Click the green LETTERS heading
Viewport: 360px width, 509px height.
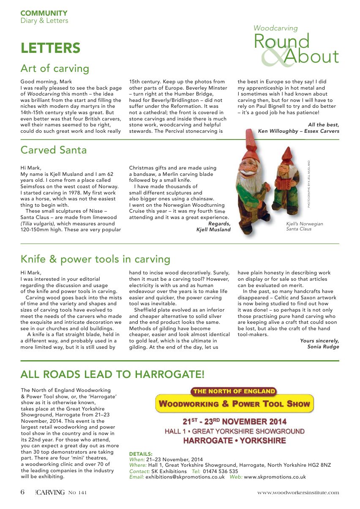(50, 48)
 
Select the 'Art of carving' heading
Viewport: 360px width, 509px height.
(55, 68)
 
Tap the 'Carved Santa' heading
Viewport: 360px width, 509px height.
(54, 150)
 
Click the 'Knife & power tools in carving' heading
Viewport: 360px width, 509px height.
(95, 259)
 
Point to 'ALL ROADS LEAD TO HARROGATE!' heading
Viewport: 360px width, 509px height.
(112, 374)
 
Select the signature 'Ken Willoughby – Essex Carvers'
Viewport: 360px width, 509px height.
(298, 131)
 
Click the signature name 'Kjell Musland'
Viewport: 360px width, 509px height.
(213, 230)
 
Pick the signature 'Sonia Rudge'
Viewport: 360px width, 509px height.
(323, 347)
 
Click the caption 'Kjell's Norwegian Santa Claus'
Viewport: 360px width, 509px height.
(304, 226)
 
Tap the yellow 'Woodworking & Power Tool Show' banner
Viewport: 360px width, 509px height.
(234, 404)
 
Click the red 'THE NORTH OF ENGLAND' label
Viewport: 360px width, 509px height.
(234, 391)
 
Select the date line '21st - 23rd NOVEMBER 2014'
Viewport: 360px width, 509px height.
(234, 421)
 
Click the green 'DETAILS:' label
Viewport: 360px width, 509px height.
(141, 454)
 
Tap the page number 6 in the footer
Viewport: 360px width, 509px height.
(23, 492)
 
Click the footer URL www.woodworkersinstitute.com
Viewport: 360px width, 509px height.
(298, 493)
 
